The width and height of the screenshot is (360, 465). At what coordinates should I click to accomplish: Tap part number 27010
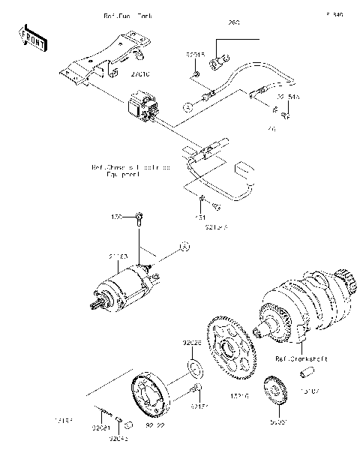(141, 74)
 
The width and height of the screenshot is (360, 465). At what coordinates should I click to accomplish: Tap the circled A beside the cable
(185, 107)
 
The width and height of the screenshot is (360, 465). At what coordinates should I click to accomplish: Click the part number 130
(117, 217)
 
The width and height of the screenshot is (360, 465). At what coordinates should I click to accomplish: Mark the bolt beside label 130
(139, 219)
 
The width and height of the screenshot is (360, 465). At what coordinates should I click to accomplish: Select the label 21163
(118, 257)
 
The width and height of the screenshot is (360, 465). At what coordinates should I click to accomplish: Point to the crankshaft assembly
(300, 307)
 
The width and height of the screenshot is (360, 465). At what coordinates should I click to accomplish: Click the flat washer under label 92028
(193, 367)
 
